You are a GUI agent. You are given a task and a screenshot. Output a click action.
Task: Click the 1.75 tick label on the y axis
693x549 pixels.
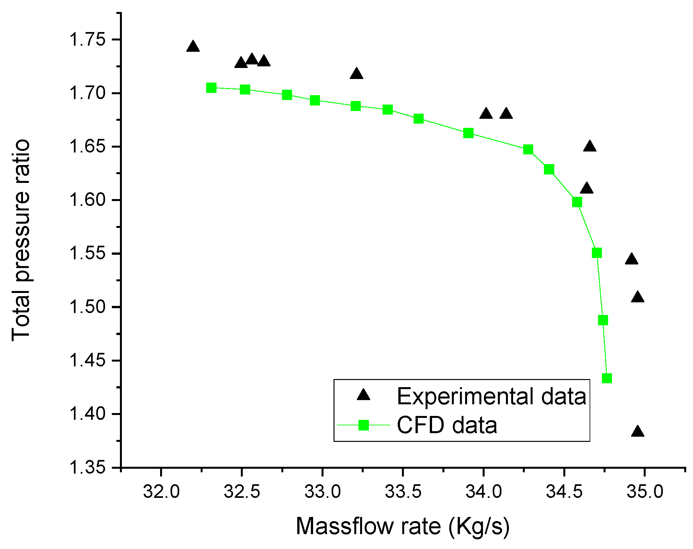[83, 40]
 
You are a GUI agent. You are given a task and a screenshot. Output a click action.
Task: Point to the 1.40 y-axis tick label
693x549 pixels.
[83, 414]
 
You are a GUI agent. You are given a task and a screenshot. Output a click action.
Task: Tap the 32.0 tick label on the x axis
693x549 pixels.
[161, 492]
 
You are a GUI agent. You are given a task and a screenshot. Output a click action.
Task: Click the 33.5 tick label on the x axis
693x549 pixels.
[403, 492]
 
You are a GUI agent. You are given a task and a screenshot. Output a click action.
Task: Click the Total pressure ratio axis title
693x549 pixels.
[21, 240]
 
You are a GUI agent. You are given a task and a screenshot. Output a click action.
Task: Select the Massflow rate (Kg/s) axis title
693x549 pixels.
[403, 526]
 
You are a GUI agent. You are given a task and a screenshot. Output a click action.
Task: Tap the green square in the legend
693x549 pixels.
[364, 425]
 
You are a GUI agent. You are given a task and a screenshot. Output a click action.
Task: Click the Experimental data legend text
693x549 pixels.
[491, 396]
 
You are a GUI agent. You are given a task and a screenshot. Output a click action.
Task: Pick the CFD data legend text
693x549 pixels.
[447, 425]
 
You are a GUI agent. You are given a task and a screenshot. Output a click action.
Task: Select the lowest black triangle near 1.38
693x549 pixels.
[638, 432]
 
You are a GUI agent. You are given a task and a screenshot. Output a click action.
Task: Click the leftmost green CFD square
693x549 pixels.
[211, 88]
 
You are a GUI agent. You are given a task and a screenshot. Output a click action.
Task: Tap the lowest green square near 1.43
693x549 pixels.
[607, 378]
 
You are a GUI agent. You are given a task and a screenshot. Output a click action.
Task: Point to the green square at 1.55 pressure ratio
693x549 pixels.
[597, 253]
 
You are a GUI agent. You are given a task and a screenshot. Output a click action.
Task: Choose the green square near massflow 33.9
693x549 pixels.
[468, 133]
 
